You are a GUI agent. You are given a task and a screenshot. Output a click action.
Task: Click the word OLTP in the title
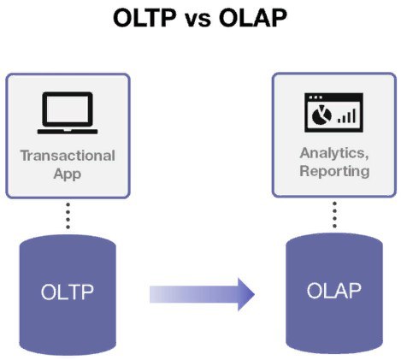(144, 18)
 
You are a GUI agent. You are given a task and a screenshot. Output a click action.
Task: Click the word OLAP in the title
(253, 18)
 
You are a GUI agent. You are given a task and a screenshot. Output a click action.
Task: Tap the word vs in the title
(198, 20)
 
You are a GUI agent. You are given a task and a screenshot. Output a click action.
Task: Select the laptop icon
(68, 113)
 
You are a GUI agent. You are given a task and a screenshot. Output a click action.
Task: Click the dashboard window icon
(333, 113)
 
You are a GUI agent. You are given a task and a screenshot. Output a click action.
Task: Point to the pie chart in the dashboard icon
(321, 115)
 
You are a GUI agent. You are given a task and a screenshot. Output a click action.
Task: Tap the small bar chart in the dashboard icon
(346, 115)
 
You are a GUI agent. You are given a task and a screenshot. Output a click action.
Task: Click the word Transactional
(68, 156)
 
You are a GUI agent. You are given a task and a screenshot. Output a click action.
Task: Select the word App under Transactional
(68, 174)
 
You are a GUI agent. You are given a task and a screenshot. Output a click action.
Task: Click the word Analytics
(334, 153)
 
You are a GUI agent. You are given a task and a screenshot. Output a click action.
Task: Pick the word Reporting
(334, 171)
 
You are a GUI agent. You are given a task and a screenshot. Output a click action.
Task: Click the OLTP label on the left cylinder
(68, 292)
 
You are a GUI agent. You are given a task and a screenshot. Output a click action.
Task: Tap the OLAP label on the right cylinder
(334, 291)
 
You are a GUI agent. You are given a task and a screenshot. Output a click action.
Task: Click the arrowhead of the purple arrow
(246, 294)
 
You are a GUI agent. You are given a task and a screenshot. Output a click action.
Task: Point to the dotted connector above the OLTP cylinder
(68, 215)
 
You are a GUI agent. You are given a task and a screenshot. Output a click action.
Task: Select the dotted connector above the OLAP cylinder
(334, 215)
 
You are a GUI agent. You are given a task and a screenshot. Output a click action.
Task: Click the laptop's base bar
(68, 132)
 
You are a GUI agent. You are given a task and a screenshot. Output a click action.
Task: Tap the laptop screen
(68, 109)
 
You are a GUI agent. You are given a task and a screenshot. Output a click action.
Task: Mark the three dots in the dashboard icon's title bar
(315, 97)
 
